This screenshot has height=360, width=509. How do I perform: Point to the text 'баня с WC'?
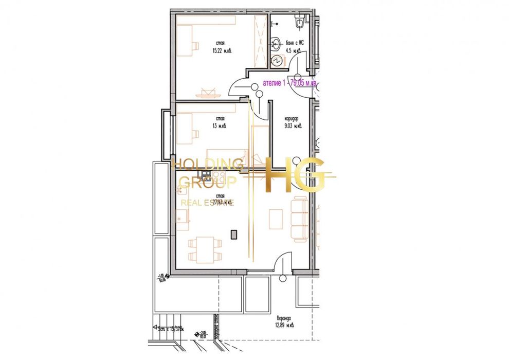click(295, 44)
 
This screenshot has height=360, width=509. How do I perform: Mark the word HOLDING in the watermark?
click(207, 165)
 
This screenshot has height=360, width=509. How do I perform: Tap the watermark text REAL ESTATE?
click(207, 203)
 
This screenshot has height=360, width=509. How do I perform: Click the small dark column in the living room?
click(234, 234)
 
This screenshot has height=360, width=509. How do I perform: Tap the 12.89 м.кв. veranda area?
click(283, 325)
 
